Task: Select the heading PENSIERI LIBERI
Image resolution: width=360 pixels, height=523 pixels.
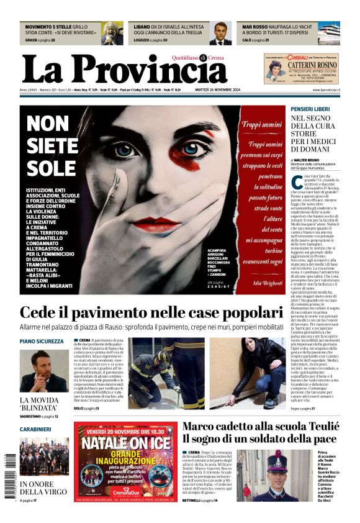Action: [x=310, y=109]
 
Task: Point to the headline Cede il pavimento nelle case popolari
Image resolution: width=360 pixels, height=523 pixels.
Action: [x=151, y=312]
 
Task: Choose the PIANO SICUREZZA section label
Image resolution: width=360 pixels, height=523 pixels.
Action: [x=42, y=341]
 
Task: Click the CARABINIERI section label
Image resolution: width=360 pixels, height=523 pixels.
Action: [x=35, y=429]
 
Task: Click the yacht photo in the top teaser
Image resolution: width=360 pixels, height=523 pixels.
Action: [x=328, y=33]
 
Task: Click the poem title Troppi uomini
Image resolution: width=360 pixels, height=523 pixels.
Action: [x=261, y=124]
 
